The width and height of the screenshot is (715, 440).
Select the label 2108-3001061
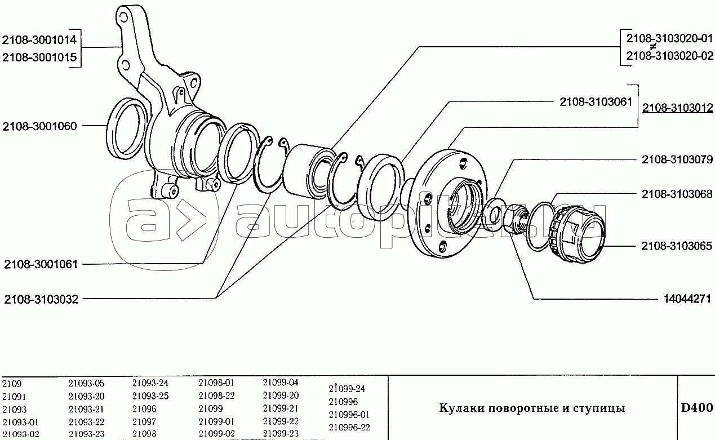point(41,264)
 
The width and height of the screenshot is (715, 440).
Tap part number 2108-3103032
point(41,299)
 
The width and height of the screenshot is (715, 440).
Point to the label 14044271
point(685,299)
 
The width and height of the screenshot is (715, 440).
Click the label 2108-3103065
point(677,246)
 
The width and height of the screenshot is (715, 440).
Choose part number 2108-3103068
point(677,194)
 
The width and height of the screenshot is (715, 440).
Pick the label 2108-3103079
point(677,159)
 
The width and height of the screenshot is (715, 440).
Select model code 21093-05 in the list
point(86,383)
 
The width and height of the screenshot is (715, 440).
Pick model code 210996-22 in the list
point(349,428)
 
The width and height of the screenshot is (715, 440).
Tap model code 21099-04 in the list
point(281,383)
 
